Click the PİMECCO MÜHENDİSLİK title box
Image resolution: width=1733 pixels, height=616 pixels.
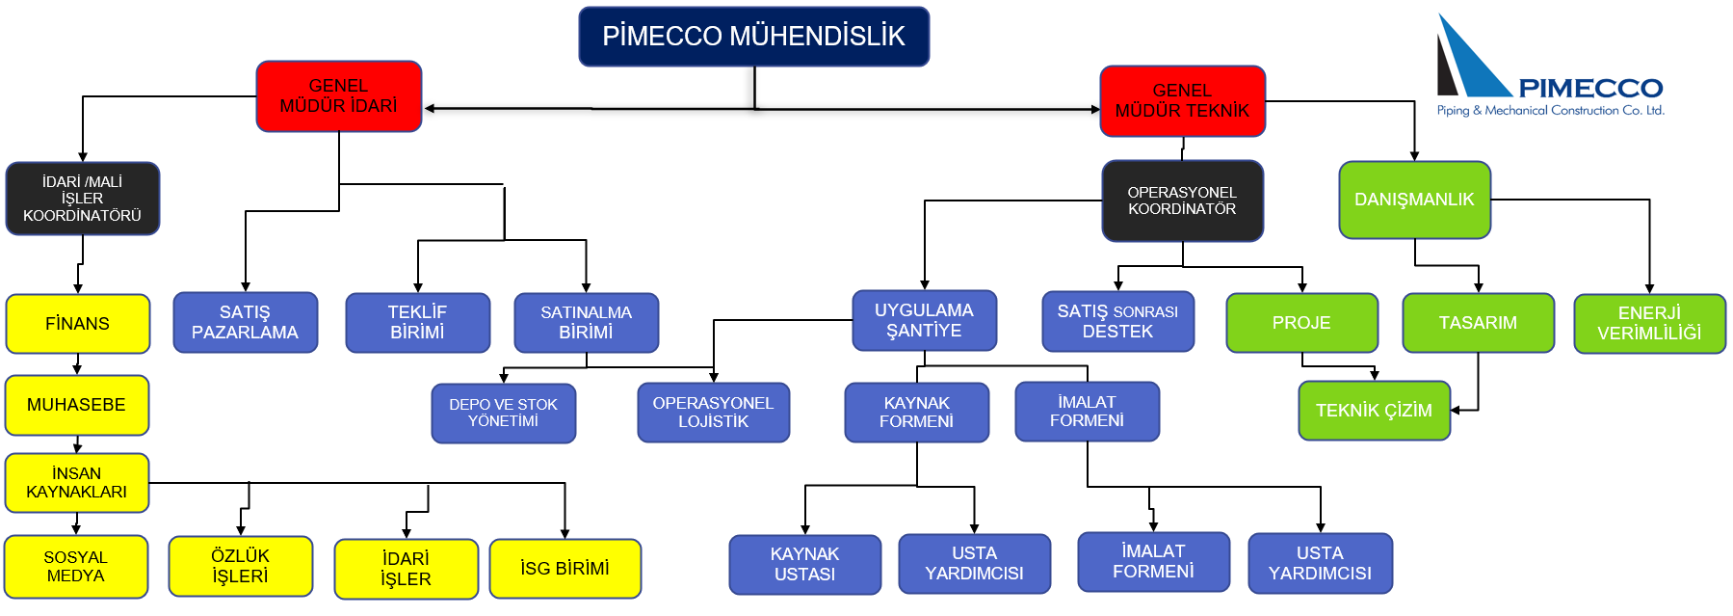(x=753, y=37)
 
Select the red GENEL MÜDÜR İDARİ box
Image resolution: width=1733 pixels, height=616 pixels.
(x=339, y=96)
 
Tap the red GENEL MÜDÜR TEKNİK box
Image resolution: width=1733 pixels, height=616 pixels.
(x=1182, y=101)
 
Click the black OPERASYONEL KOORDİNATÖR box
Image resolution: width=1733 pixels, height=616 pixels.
(x=1182, y=201)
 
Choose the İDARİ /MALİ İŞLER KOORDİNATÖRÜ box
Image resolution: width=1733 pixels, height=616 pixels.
(x=83, y=199)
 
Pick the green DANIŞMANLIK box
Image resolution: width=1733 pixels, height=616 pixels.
(x=1414, y=200)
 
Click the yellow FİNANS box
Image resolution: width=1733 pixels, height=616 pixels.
(x=78, y=324)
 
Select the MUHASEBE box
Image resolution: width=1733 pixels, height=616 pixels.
(x=77, y=405)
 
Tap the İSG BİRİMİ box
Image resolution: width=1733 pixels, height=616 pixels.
(x=565, y=569)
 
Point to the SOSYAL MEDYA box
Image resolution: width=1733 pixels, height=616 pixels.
(x=76, y=567)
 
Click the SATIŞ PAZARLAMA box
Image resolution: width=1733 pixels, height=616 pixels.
(x=245, y=323)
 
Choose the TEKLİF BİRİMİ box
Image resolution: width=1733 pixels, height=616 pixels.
(x=418, y=323)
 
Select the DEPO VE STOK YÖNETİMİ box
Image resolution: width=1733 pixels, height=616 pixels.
(x=504, y=414)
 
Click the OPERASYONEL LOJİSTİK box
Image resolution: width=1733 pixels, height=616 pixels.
(x=714, y=413)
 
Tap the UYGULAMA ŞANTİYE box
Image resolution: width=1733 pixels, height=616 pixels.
(x=925, y=320)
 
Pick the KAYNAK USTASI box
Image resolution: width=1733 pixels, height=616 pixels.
(x=805, y=565)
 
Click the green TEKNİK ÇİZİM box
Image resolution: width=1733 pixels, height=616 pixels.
(x=1375, y=411)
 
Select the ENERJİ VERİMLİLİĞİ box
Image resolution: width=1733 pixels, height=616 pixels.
(x=1650, y=324)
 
